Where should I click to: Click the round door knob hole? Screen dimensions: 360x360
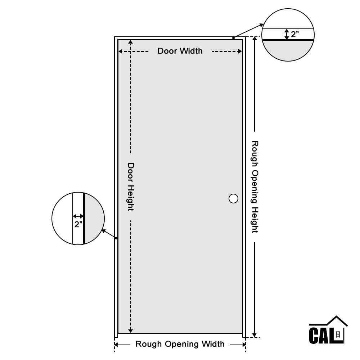click(x=233, y=198)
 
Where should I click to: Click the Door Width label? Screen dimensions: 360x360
click(x=180, y=51)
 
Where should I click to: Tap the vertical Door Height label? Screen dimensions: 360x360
click(x=131, y=187)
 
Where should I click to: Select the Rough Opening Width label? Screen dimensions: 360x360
click(x=180, y=344)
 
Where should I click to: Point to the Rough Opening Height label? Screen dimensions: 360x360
click(x=255, y=187)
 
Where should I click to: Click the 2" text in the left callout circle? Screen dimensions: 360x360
click(x=78, y=224)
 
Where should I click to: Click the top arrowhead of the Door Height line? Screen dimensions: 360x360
click(x=131, y=42)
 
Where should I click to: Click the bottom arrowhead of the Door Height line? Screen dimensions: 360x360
click(x=131, y=331)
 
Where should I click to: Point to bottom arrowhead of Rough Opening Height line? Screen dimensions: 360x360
click(x=255, y=335)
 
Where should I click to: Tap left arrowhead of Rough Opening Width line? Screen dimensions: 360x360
click(x=117, y=345)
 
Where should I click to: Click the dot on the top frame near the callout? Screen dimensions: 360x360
click(x=233, y=38)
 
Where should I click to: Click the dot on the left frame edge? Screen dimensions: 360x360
click(x=116, y=238)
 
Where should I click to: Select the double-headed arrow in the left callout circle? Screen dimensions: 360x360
click(x=78, y=216)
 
